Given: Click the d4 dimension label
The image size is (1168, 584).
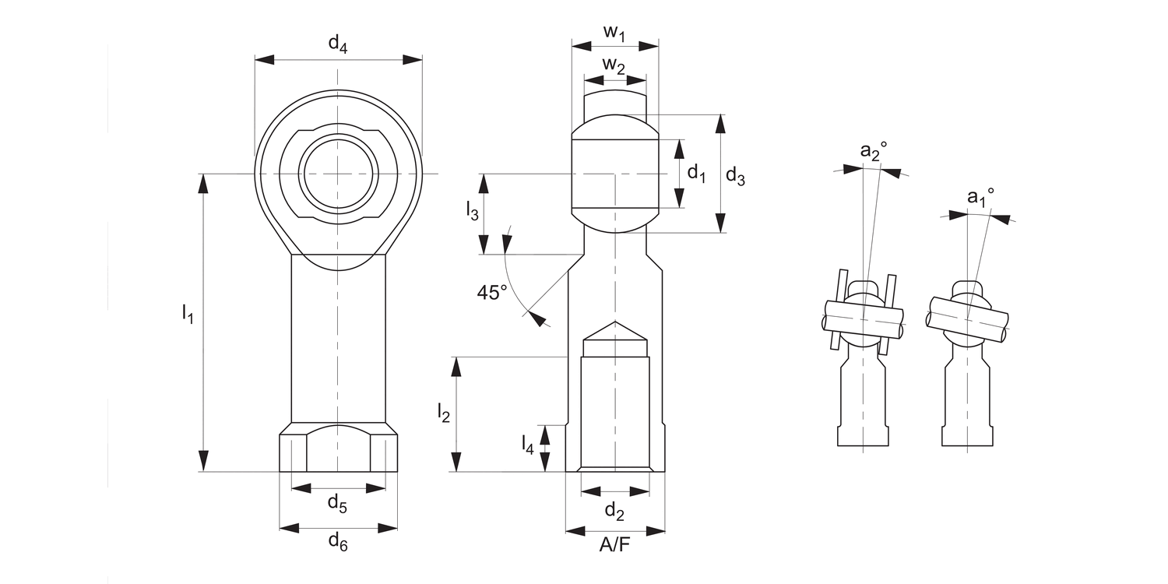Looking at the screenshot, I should click(x=337, y=44).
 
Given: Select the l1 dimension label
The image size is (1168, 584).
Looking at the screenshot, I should click(x=187, y=314).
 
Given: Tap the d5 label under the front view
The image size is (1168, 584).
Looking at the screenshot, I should click(x=337, y=504).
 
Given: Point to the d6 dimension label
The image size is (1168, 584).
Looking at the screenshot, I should click(x=337, y=541).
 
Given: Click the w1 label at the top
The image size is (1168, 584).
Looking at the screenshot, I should click(x=614, y=33).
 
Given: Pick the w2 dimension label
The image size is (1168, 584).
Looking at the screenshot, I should click(x=614, y=67).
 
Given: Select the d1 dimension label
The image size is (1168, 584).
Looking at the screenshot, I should click(x=696, y=174).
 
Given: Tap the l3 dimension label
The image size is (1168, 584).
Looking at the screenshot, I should click(x=472, y=210).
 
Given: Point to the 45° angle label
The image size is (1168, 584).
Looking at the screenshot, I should click(x=492, y=292).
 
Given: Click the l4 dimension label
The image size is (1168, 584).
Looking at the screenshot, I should click(x=528, y=445).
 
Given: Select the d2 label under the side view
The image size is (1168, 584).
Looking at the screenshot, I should click(x=614, y=511).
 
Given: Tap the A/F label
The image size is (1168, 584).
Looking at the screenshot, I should click(x=614, y=545).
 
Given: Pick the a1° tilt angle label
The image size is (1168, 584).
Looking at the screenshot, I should click(x=980, y=198).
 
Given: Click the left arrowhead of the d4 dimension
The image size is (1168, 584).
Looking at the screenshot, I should click(x=264, y=59).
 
